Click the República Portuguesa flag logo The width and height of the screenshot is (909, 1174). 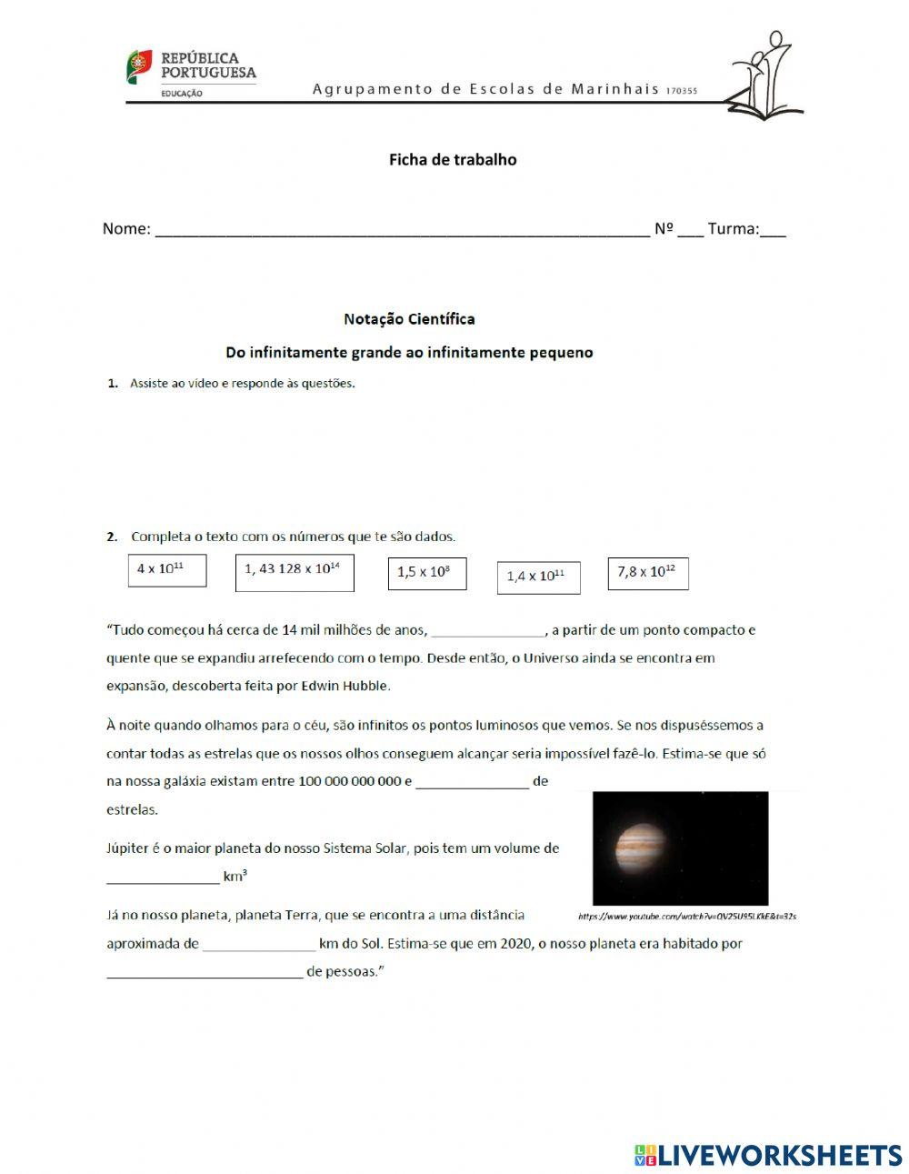139,67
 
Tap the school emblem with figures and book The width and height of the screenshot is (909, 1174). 765,76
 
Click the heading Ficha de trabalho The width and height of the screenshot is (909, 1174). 453,160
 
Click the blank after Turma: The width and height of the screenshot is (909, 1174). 773,229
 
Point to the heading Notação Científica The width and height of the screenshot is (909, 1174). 409,319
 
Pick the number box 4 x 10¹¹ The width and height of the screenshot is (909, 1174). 167,570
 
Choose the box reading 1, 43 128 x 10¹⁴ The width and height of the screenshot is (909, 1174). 294,571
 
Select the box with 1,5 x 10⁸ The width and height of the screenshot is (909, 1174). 426,574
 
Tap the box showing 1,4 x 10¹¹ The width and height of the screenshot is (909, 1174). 538,577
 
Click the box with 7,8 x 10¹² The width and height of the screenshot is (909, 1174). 647,573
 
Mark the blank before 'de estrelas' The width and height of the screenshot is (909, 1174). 472,781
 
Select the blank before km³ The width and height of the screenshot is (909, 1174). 163,878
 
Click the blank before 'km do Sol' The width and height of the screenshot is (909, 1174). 258,944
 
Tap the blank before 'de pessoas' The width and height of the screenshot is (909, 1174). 204,972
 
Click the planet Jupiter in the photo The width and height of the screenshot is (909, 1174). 642,848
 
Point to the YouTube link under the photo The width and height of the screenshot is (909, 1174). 686,917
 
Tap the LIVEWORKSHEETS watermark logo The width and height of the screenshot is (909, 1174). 768,1155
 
